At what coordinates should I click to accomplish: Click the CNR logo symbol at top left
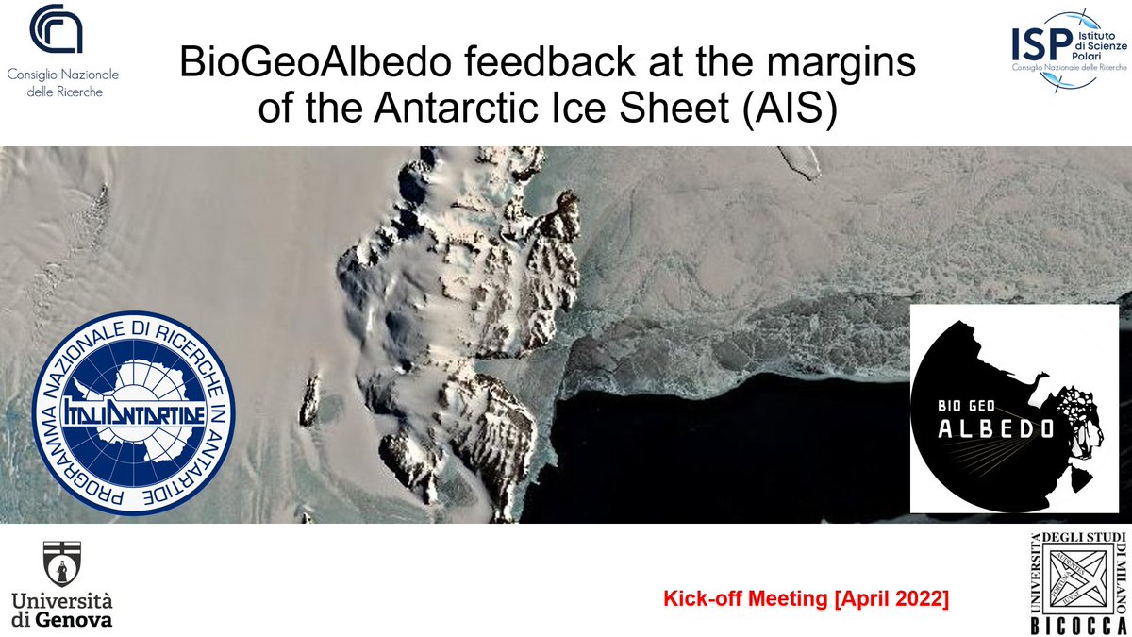point(57,30)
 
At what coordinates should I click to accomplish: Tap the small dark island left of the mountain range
point(308,401)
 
